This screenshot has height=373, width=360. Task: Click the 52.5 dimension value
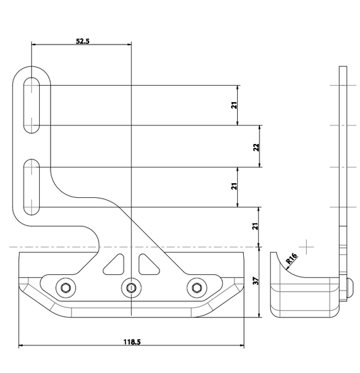coord(82,41)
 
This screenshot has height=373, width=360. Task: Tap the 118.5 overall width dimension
coord(132,342)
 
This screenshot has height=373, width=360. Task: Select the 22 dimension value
coord(257,147)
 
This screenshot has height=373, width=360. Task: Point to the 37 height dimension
coord(255,281)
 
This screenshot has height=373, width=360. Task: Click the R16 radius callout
coord(292,259)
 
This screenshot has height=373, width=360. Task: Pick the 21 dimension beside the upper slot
coord(234,105)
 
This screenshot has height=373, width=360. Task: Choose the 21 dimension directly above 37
coord(255,226)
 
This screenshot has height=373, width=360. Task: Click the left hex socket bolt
coord(66,288)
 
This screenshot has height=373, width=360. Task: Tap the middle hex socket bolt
coord(131,288)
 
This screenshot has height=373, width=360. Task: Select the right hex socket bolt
coord(197,288)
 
